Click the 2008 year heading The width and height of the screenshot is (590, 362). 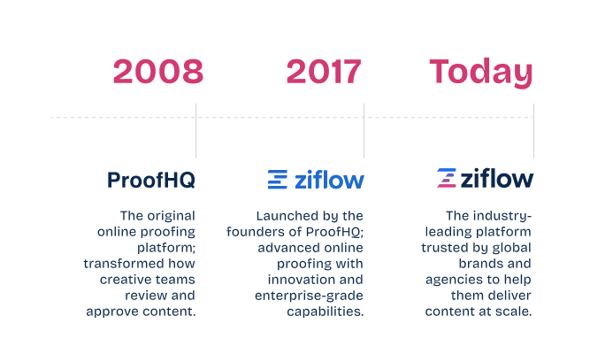point(158,72)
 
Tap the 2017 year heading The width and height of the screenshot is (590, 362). point(325,72)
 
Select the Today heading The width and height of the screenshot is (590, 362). point(481,72)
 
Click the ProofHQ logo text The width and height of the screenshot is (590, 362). point(151,181)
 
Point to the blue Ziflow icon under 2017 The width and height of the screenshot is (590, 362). point(278,180)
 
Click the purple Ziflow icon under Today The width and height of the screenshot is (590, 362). point(447,179)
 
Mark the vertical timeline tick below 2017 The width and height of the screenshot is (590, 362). point(364,131)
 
